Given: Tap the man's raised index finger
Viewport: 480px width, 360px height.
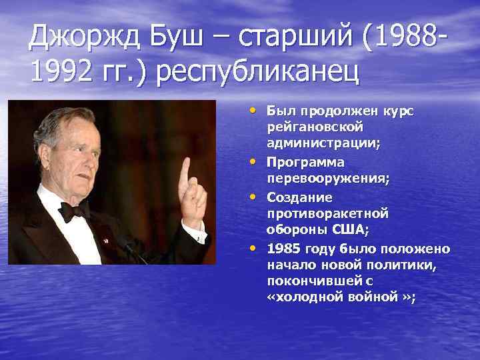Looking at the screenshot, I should coord(185,169).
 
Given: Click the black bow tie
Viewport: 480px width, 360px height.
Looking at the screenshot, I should coord(75,211).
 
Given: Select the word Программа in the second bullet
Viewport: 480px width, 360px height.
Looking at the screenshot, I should coord(305,161).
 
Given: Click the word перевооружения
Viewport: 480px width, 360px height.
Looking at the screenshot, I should coord(328,179).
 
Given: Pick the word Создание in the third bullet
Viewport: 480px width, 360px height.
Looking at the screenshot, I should coord(300,197).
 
